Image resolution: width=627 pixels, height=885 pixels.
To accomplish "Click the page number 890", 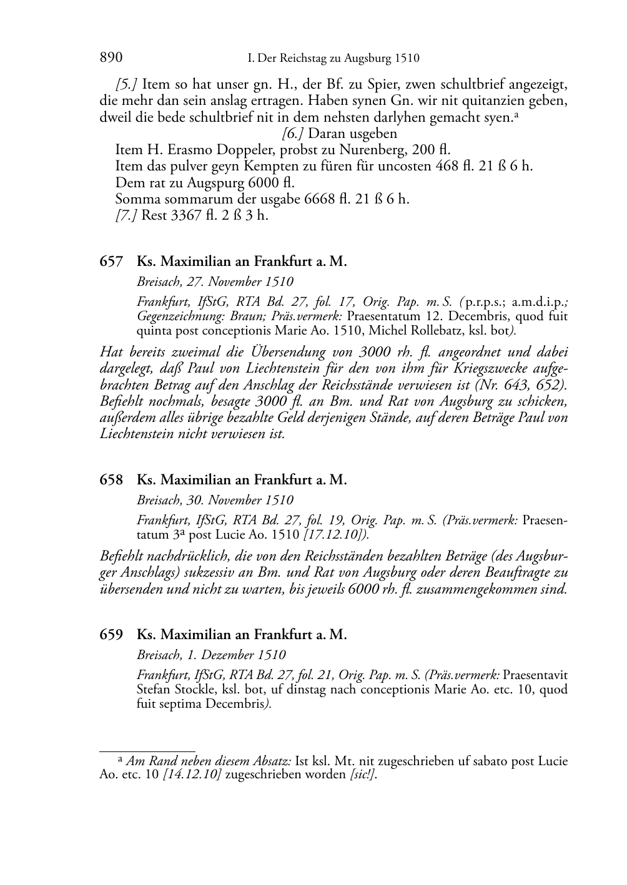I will pyautogui.click(x=111, y=58).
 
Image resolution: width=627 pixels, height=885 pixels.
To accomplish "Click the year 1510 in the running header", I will pyautogui.click(x=407, y=59).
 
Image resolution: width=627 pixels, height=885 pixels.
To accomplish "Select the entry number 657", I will pyautogui.click(x=111, y=262).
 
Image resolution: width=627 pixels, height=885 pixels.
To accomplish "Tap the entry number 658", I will pyautogui.click(x=111, y=480).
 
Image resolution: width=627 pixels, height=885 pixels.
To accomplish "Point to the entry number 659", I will pyautogui.click(x=111, y=635).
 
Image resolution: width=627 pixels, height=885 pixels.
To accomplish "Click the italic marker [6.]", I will pyautogui.click(x=294, y=134).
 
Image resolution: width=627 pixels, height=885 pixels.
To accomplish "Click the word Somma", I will pyautogui.click(x=134, y=200).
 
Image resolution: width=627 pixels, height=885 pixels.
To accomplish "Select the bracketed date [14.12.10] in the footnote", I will pyautogui.click(x=192, y=776).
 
